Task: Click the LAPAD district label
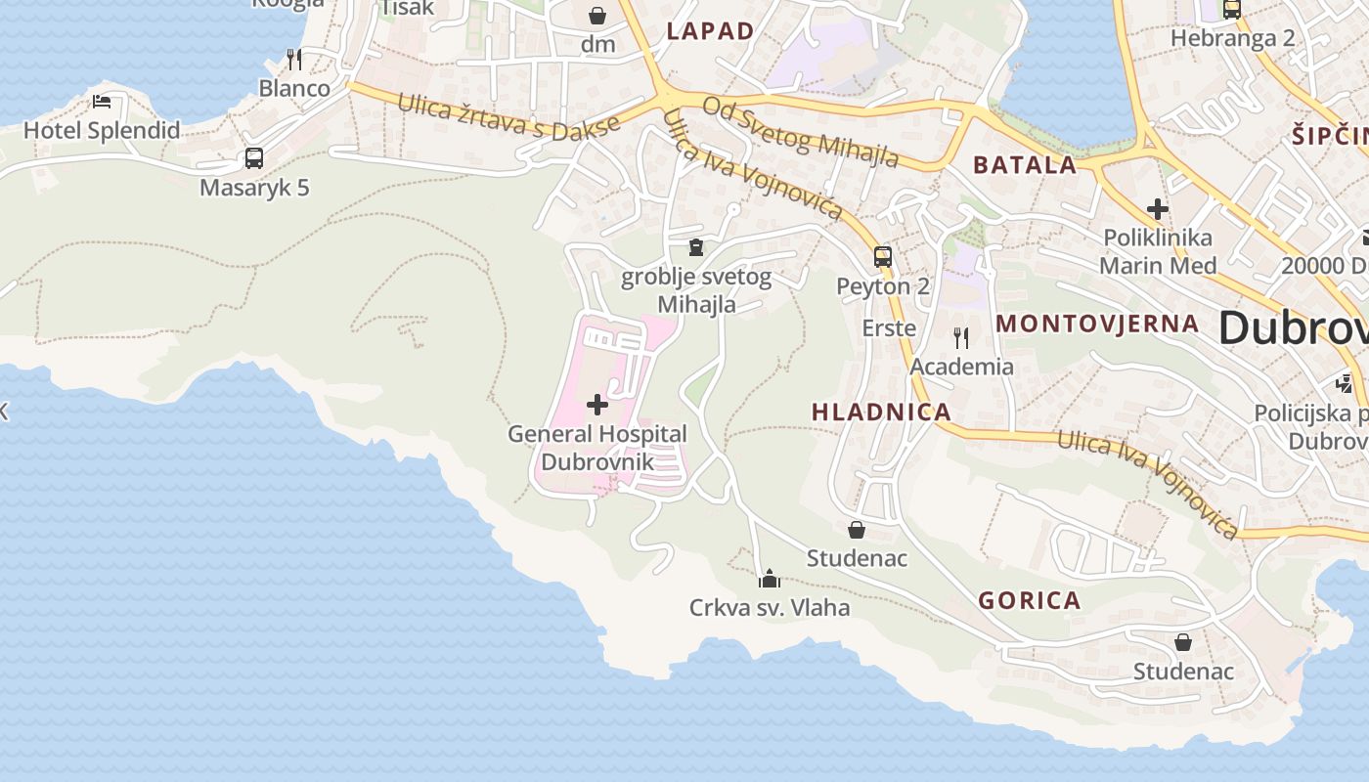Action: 710,31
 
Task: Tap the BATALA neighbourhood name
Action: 1025,165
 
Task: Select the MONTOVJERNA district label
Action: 1096,324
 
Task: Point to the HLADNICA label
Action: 881,412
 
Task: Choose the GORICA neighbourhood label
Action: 1029,600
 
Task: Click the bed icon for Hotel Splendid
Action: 102,101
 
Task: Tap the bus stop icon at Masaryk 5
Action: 254,157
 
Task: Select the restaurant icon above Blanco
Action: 293,59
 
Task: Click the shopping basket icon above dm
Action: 596,16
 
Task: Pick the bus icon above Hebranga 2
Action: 1232,10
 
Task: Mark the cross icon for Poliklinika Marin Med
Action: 1158,208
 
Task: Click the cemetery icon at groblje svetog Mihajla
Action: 695,247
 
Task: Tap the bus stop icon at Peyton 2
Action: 882,257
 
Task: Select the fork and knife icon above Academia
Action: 961,338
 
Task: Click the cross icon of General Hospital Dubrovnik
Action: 596,405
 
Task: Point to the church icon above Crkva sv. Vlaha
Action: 770,579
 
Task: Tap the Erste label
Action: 888,328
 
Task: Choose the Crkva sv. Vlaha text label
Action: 770,608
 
